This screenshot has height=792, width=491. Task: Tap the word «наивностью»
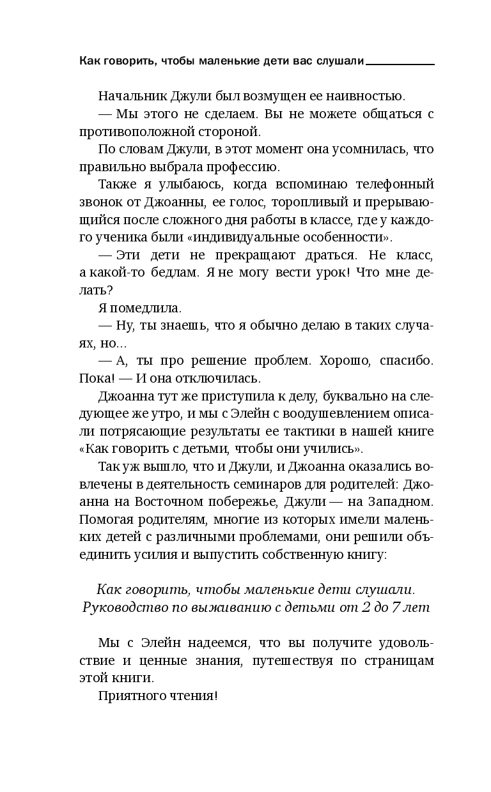[x=365, y=96]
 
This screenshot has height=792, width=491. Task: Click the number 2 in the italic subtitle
[x=365, y=607]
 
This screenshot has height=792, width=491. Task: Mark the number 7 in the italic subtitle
[x=396, y=607]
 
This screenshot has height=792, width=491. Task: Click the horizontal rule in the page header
[x=400, y=65]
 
